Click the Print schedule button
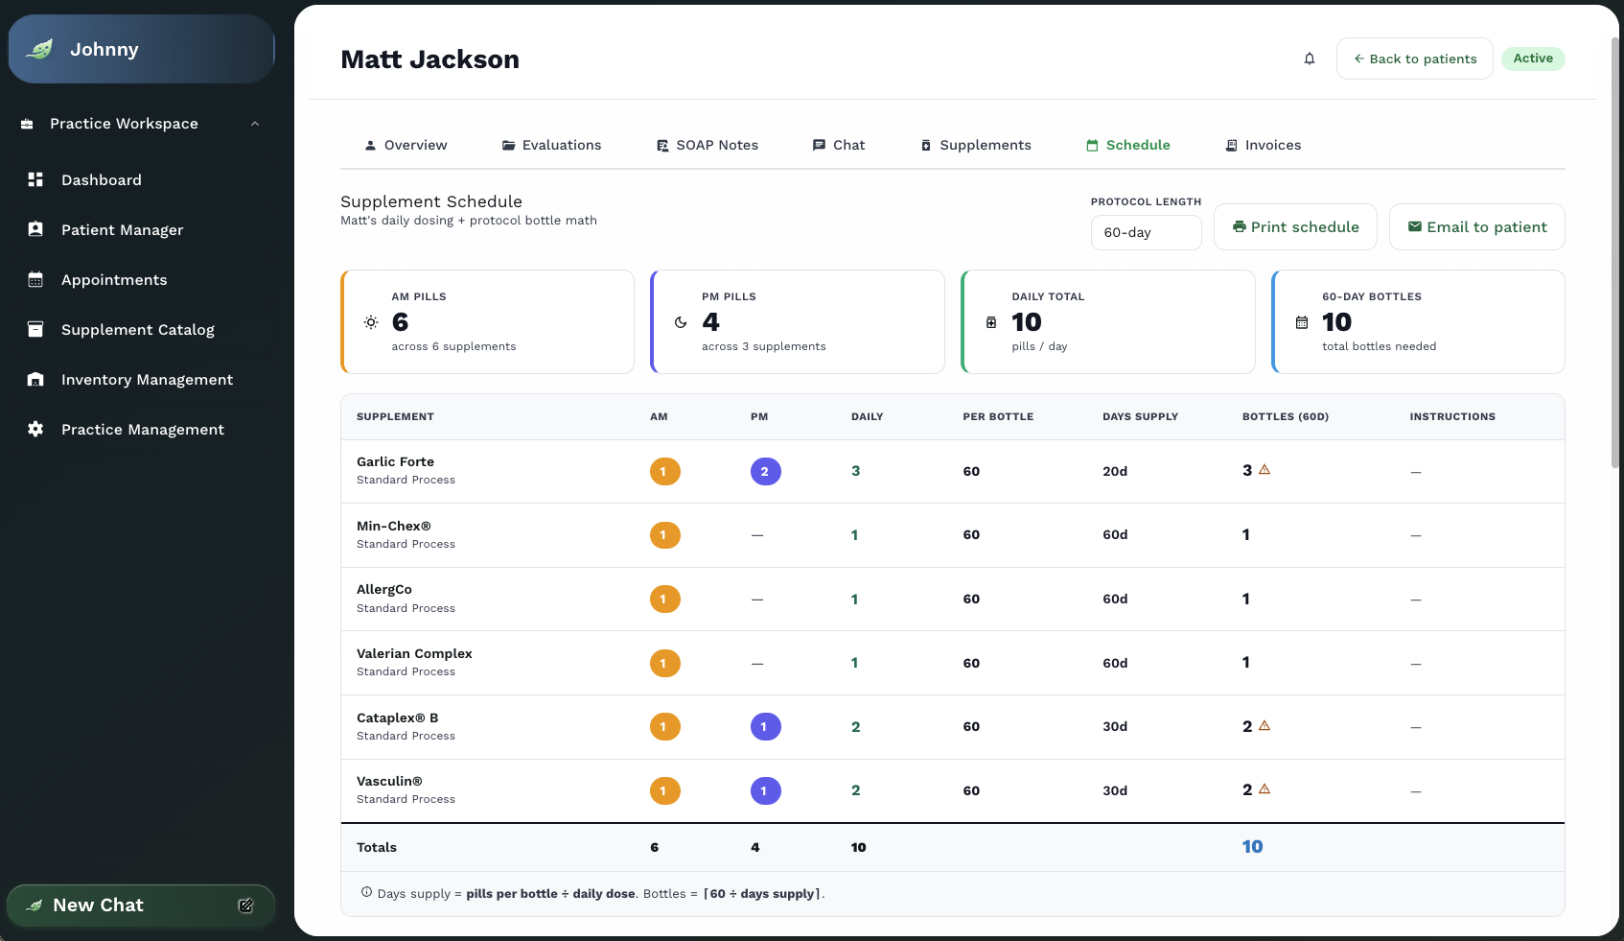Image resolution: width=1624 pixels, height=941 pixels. click(1295, 227)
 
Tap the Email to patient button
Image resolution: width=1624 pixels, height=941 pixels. click(1476, 227)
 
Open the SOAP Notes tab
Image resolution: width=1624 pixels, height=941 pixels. click(707, 145)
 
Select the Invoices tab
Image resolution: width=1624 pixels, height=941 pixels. click(1263, 145)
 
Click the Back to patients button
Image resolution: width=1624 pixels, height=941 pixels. click(1414, 59)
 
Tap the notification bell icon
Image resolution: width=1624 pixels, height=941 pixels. click(1310, 59)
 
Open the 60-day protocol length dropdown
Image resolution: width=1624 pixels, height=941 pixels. click(1146, 232)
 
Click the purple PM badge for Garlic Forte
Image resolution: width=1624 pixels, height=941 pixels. click(765, 472)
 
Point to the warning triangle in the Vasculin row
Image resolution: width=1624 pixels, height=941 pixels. click(1264, 788)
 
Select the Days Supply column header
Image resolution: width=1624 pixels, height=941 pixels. click(1140, 416)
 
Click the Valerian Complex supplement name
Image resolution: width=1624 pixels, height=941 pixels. click(414, 653)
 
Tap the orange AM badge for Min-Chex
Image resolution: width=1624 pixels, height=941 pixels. click(664, 535)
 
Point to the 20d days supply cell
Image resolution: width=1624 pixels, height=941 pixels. click(1114, 472)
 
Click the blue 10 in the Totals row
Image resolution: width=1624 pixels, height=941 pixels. click(1252, 847)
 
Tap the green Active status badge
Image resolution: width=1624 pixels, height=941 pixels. click(1533, 59)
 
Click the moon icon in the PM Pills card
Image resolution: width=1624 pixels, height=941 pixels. click(680, 322)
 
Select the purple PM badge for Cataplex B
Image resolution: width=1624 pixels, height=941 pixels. click(765, 727)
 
